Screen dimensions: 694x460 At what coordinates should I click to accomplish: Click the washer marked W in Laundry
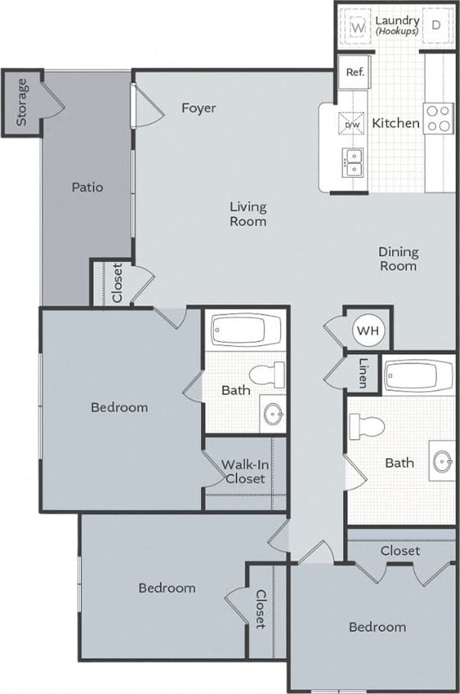coord(357,24)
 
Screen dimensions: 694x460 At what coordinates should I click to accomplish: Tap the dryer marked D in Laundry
coord(436,24)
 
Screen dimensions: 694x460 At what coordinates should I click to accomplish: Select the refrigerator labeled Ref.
coord(355,73)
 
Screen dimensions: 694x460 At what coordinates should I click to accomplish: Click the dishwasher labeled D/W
coord(353,124)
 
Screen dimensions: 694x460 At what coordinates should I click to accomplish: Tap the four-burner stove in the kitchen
coord(439,118)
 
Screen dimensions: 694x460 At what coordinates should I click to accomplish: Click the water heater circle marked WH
coord(368,331)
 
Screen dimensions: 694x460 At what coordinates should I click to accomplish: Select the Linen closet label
coord(363,372)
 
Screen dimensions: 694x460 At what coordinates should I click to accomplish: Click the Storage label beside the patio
coord(22,102)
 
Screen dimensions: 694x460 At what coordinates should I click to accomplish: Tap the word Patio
coord(87,186)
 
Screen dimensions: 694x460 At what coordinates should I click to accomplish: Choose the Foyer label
coord(198,108)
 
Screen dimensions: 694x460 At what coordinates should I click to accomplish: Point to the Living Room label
coord(248,214)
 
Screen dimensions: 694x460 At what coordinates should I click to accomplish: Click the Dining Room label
coord(398,259)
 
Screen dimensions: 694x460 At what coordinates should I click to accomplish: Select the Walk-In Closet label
coord(245,472)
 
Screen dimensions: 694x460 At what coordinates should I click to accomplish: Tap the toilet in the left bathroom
coord(268,374)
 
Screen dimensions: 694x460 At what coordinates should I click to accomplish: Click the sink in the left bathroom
coord(272,415)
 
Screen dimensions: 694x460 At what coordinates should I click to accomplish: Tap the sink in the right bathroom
coord(442,461)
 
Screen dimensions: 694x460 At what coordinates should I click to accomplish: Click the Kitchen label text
coord(395,123)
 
